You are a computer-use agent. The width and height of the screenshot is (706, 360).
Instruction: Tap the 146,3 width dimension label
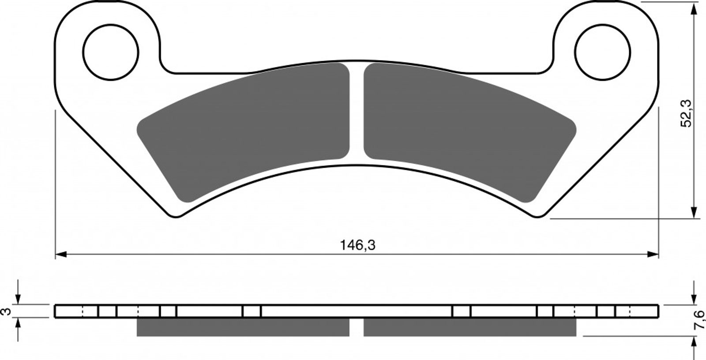358,245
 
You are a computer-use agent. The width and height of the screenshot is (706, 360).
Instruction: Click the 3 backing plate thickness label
6,311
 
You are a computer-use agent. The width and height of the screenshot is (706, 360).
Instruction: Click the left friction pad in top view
243,132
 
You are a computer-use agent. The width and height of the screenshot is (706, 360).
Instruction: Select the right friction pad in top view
470,132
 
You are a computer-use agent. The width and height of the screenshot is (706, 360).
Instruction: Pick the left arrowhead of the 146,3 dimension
61,255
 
